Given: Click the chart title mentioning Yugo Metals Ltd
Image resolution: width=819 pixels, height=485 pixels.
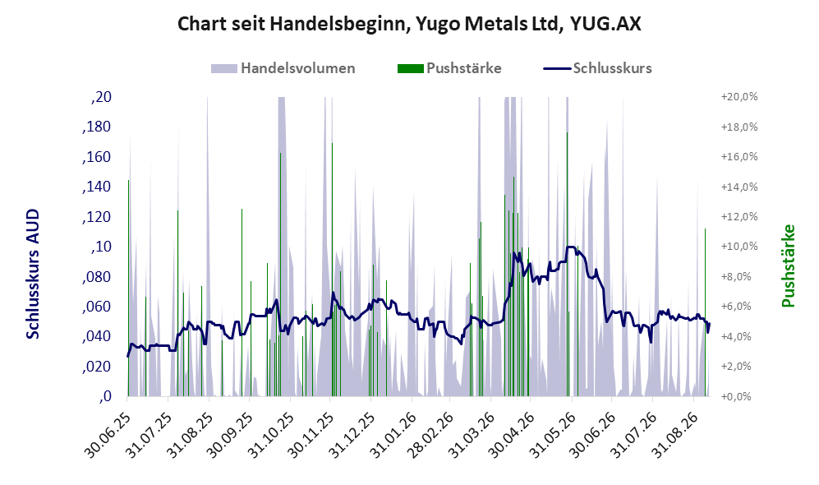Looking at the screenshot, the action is (x=409, y=24).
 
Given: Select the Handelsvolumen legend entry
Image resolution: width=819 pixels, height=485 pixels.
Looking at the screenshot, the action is (x=283, y=68).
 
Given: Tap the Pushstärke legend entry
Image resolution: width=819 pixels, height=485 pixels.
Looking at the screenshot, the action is (x=449, y=68).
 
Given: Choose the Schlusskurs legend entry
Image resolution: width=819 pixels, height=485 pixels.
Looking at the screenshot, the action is (x=597, y=68).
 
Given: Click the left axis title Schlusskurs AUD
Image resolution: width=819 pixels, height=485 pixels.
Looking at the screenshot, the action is (x=32, y=274).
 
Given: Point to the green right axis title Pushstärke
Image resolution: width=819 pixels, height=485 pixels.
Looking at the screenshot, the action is (x=788, y=266).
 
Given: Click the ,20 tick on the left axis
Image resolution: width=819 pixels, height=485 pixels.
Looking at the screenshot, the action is (x=101, y=97).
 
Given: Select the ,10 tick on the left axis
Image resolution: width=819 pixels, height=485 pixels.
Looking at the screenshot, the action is (x=101, y=247).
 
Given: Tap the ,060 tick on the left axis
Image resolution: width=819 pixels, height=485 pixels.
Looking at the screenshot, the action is (x=97, y=307).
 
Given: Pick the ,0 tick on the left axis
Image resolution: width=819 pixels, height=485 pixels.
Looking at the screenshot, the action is (x=105, y=396).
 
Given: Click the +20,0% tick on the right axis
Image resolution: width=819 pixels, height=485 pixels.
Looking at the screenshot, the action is (x=739, y=97).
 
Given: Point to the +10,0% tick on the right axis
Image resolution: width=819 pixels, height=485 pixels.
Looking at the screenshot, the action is (x=739, y=247).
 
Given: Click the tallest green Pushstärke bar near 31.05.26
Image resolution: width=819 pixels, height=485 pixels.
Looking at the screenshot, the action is (x=568, y=265).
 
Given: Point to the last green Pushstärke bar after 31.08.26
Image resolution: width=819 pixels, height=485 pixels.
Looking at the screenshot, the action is (x=705, y=312).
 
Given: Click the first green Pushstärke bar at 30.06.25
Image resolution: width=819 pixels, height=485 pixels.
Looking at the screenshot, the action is (x=128, y=288).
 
